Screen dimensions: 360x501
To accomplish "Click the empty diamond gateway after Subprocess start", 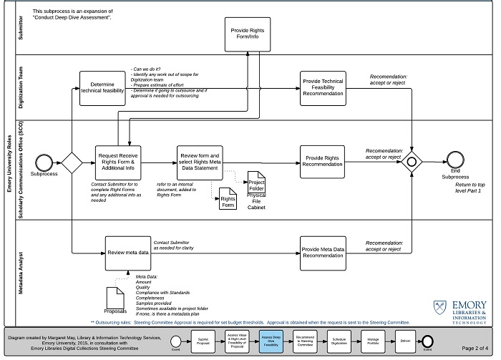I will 72,162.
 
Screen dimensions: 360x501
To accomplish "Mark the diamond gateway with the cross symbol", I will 411,162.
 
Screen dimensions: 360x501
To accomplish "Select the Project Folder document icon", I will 256,181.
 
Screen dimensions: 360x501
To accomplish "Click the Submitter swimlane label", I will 20,31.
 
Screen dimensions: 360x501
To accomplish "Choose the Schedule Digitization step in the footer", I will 339,341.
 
